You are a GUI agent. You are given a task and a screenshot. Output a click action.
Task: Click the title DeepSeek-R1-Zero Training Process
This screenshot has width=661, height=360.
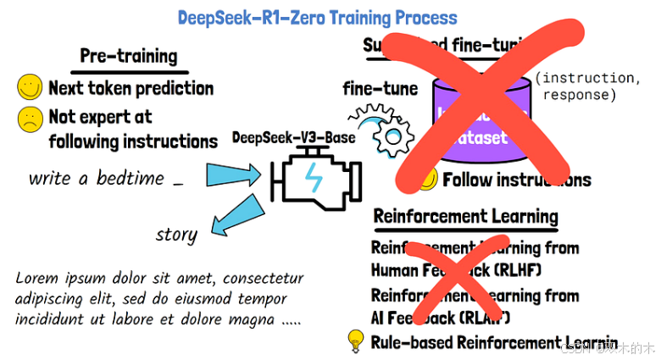(x=318, y=17)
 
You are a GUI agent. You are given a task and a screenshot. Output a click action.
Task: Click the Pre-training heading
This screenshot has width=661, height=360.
(x=129, y=56)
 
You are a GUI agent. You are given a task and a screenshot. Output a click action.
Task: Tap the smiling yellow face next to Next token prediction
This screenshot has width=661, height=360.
(x=30, y=86)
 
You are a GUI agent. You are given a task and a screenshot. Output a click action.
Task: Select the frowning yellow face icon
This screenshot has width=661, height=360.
(x=30, y=119)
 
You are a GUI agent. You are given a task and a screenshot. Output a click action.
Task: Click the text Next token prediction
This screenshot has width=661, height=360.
(x=131, y=87)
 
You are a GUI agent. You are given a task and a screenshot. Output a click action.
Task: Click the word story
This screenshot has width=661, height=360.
(x=176, y=235)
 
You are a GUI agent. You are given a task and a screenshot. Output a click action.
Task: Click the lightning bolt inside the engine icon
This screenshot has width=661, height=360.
(x=314, y=179)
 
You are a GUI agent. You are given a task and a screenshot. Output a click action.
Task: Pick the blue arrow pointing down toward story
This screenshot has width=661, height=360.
(x=235, y=215)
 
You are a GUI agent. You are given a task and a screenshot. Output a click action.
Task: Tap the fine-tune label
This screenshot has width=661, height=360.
(x=380, y=88)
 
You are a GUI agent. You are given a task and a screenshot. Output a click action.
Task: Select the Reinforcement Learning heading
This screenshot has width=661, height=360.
(x=466, y=216)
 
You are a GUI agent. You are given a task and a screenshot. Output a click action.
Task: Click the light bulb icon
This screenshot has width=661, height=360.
(x=356, y=341)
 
